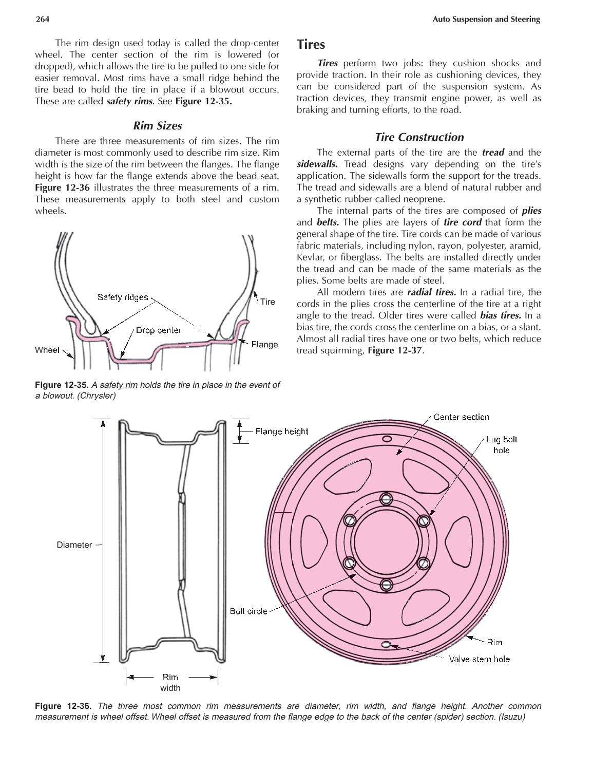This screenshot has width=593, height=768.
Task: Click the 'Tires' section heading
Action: click(311, 45)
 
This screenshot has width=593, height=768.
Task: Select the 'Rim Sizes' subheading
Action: click(157, 126)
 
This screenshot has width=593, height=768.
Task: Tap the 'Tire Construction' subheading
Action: click(419, 137)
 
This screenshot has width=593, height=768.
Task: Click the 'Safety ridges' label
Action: click(123, 297)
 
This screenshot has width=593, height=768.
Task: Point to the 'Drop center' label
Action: click(158, 330)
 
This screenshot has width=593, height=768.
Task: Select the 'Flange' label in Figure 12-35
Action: click(264, 344)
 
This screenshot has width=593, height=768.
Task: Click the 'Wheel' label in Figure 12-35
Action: click(47, 350)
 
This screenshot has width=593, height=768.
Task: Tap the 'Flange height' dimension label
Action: click(282, 431)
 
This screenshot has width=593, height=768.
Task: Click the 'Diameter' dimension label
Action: click(74, 545)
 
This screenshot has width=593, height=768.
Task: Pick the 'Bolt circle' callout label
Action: click(248, 611)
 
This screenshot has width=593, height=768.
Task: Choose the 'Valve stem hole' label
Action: click(479, 659)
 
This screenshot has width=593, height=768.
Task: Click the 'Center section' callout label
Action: click(461, 417)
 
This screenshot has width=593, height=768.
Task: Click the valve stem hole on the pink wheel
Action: click(386, 644)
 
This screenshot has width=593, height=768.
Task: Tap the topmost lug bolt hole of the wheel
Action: click(387, 498)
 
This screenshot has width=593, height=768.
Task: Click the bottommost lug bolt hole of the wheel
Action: click(387, 584)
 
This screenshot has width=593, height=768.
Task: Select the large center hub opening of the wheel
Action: click(387, 541)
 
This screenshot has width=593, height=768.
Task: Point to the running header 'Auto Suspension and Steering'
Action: click(486, 20)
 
